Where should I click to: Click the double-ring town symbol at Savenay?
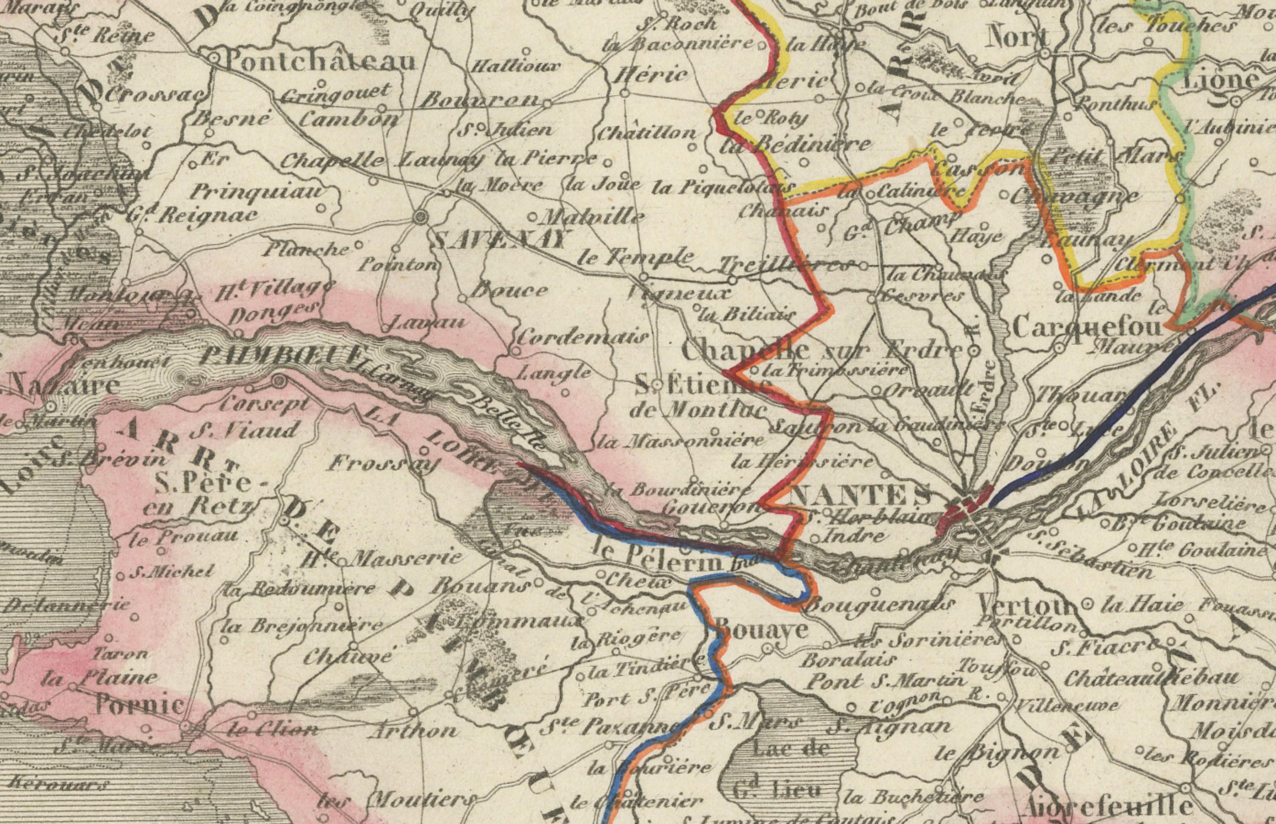click(421, 217)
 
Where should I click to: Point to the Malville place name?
click(594, 217)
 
